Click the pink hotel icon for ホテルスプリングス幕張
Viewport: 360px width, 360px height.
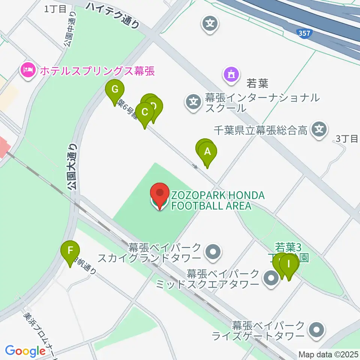click(x=28, y=70)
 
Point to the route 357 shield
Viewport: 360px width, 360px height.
click(x=304, y=34)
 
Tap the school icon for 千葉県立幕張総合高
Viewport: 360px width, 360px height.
click(x=319, y=130)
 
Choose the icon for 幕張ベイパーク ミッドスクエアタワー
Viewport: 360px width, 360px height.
click(x=270, y=279)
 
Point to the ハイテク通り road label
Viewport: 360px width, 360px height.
click(x=112, y=15)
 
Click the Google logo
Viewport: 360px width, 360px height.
click(x=25, y=351)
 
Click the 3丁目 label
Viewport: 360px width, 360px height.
click(x=347, y=139)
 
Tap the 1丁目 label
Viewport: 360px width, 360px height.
click(x=55, y=9)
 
